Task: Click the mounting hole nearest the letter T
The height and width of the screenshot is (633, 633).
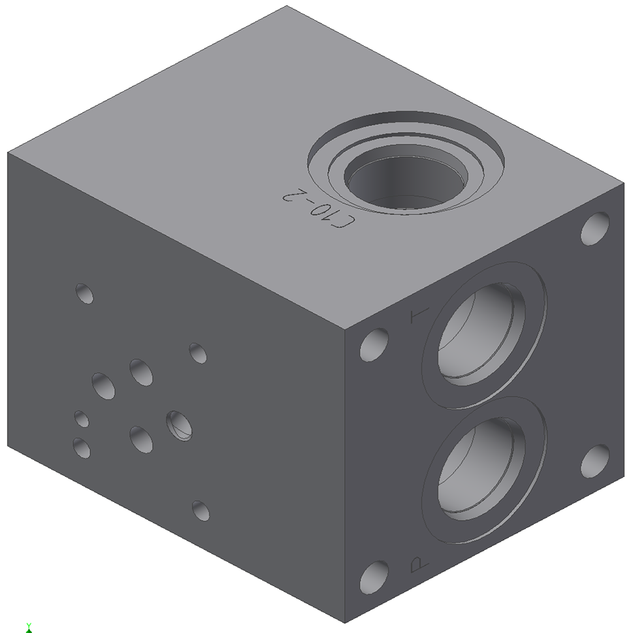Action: pos(374,344)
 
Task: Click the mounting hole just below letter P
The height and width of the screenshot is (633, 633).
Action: pos(374,577)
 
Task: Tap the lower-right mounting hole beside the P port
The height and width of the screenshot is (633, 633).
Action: pos(594,461)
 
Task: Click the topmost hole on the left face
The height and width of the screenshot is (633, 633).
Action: pos(84,293)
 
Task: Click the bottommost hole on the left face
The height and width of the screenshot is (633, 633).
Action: pos(201,511)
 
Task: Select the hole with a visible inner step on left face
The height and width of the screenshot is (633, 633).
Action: pos(179,425)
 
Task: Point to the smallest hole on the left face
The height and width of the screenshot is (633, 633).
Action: pos(82,419)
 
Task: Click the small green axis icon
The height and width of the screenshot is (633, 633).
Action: pos(29,628)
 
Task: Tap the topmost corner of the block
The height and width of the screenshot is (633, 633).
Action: pos(287,6)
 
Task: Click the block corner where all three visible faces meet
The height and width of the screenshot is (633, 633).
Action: pos(344,329)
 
